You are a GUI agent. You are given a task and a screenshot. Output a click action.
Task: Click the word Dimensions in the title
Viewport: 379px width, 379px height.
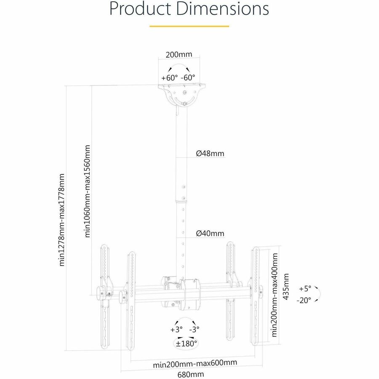click(x=225, y=9)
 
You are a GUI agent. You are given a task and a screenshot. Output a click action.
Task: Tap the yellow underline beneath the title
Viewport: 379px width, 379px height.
click(x=189, y=26)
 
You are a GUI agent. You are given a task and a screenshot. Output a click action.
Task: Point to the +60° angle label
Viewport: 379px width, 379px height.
click(x=169, y=78)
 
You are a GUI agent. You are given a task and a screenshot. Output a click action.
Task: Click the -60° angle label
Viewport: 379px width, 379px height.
click(x=188, y=78)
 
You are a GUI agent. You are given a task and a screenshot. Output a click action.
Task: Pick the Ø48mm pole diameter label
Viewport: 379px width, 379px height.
click(x=210, y=154)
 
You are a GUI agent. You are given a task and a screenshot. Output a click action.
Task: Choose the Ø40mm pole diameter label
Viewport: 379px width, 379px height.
click(x=210, y=233)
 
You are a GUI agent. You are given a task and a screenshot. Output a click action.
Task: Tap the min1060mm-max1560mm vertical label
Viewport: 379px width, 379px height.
click(x=88, y=192)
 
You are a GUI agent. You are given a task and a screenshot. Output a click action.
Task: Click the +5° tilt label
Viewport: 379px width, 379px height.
click(x=305, y=289)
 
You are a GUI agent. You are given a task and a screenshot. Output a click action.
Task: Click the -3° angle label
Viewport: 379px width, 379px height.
click(x=194, y=329)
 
